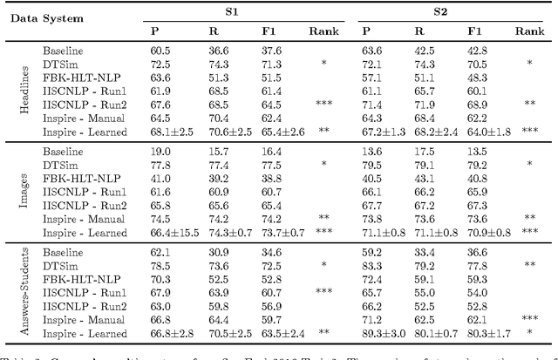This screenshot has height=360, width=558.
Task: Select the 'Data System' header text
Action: (x=40, y=20)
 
